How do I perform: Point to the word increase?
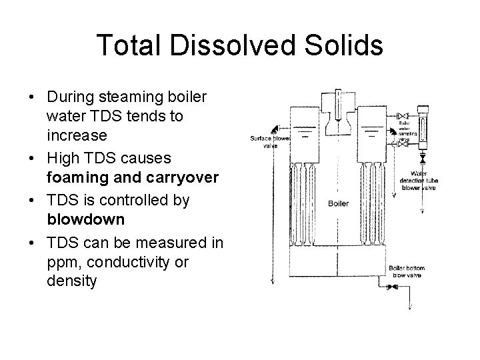coord(77,136)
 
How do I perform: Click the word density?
coord(72,281)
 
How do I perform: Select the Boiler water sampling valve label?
coord(408,129)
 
